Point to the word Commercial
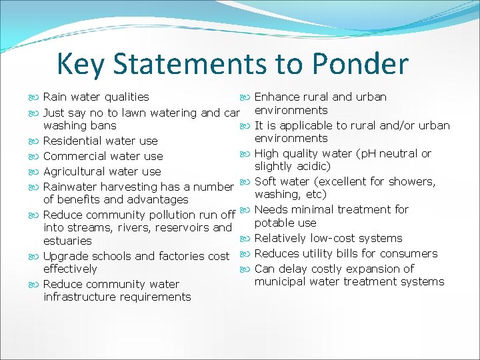tap(74, 156)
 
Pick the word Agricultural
tap(73, 171)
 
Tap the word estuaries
tap(67, 241)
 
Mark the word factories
tap(181, 256)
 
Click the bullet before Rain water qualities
tap(35, 97)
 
